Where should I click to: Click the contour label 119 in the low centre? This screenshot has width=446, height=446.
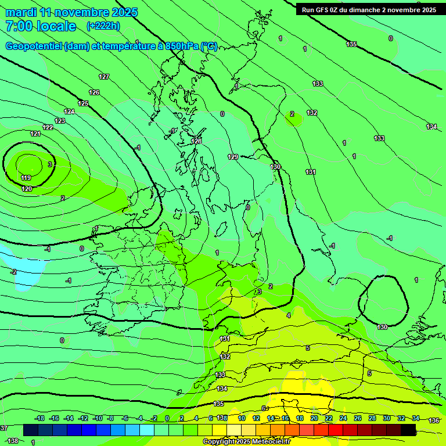point(26,178)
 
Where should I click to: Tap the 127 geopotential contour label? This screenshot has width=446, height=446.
point(104,77)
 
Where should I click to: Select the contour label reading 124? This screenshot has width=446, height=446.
point(69,111)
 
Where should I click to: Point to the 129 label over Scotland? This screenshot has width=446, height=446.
point(233,157)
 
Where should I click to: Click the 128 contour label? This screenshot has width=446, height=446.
point(196,141)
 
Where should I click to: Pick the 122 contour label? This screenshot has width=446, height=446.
point(48,127)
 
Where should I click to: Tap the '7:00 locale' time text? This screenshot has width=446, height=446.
point(40,26)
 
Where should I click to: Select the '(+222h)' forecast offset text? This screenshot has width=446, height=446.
point(103,26)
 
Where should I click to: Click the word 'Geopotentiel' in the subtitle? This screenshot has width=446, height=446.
point(33,46)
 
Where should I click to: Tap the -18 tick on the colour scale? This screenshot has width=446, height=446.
point(39,418)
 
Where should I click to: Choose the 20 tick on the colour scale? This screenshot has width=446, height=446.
point(314,418)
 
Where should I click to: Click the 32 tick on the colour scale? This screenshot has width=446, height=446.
point(401,418)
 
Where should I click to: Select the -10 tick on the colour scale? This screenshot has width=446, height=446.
point(98,418)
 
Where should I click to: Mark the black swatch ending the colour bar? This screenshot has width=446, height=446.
point(408,430)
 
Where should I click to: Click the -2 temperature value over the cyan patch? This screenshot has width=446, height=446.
point(13,272)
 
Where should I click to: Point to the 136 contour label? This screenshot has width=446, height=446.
point(434,420)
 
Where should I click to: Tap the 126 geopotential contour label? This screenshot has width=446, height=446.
point(94,92)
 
